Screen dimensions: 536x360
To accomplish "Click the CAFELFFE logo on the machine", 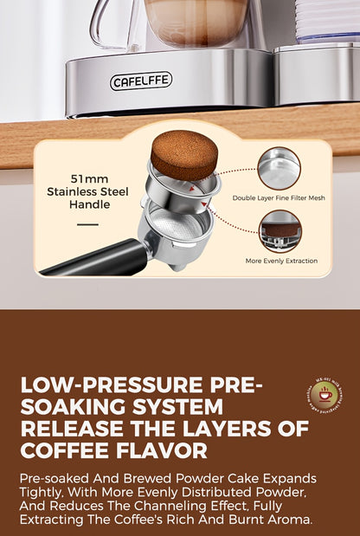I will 141,81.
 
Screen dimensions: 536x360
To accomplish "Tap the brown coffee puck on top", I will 183,154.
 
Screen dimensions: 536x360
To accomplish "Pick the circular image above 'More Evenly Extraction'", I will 280,231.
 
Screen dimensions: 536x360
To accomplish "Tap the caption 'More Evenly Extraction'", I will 281,261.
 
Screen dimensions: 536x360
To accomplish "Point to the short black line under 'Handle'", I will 87,224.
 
